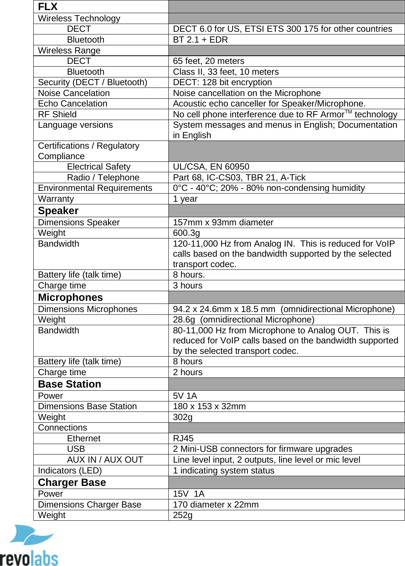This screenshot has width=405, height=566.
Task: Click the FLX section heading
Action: click(x=48, y=7)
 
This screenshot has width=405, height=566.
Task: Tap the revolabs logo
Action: click(x=29, y=546)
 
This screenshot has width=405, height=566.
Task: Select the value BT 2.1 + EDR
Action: click(x=200, y=39)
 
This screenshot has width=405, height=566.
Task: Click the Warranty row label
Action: click(x=56, y=199)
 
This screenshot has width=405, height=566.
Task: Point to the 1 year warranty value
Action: click(x=185, y=199)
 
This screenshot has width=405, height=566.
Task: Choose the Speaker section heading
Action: click(x=58, y=211)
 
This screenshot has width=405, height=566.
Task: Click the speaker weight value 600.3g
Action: click(x=186, y=233)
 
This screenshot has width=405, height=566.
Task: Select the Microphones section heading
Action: click(x=70, y=297)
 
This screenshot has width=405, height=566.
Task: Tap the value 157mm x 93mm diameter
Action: click(x=223, y=222)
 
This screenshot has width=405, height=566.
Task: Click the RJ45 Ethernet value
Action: click(x=183, y=438)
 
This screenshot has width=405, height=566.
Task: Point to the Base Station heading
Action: click(x=69, y=384)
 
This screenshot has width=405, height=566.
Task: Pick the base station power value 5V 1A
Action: click(x=185, y=396)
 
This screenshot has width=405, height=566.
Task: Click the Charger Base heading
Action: click(x=72, y=482)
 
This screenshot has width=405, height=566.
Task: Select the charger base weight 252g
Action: click(x=182, y=515)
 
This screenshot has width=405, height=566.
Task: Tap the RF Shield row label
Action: click(x=57, y=114)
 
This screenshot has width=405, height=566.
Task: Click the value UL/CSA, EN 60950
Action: click(x=211, y=166)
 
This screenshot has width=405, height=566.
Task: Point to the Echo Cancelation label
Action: click(x=72, y=103)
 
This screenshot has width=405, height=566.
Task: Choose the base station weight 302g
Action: click(x=182, y=417)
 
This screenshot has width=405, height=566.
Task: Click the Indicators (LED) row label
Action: click(x=70, y=470)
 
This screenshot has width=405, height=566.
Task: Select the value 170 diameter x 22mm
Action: click(x=216, y=504)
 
